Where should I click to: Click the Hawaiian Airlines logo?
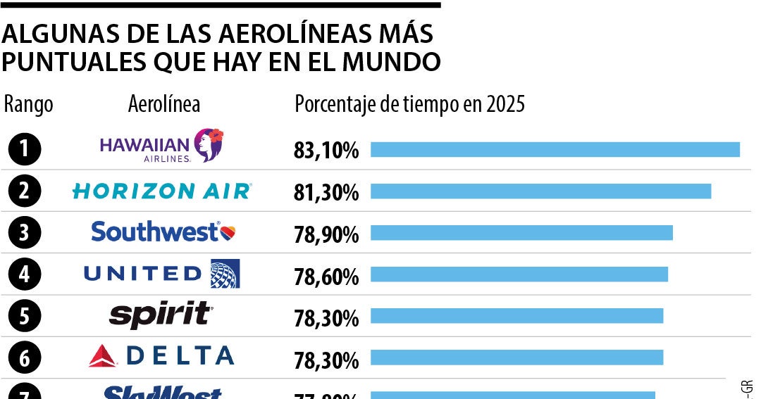pos(161,146)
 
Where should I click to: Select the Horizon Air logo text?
pos(161,191)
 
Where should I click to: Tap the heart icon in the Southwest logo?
pos(228,232)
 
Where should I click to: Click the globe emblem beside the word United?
pos(225,274)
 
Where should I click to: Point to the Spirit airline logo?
pos(161,315)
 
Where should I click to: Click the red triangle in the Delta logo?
pos(103,357)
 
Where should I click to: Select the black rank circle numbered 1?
pos(25,149)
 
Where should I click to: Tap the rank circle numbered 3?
pos(25,233)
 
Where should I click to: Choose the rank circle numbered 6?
pos(25,358)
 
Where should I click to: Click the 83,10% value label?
pos(326,151)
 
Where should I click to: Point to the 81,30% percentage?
pos(326,192)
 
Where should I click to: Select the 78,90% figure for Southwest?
pos(326,234)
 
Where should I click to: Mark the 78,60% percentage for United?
pos(326,277)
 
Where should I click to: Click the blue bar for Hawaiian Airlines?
pos(555,149)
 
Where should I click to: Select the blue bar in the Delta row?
pos(516,357)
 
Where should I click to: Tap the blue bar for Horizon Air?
pos(540,191)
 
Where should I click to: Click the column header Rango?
pos(28,105)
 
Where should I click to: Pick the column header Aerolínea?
pos(164,105)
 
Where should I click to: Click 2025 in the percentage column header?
pos(505,105)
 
